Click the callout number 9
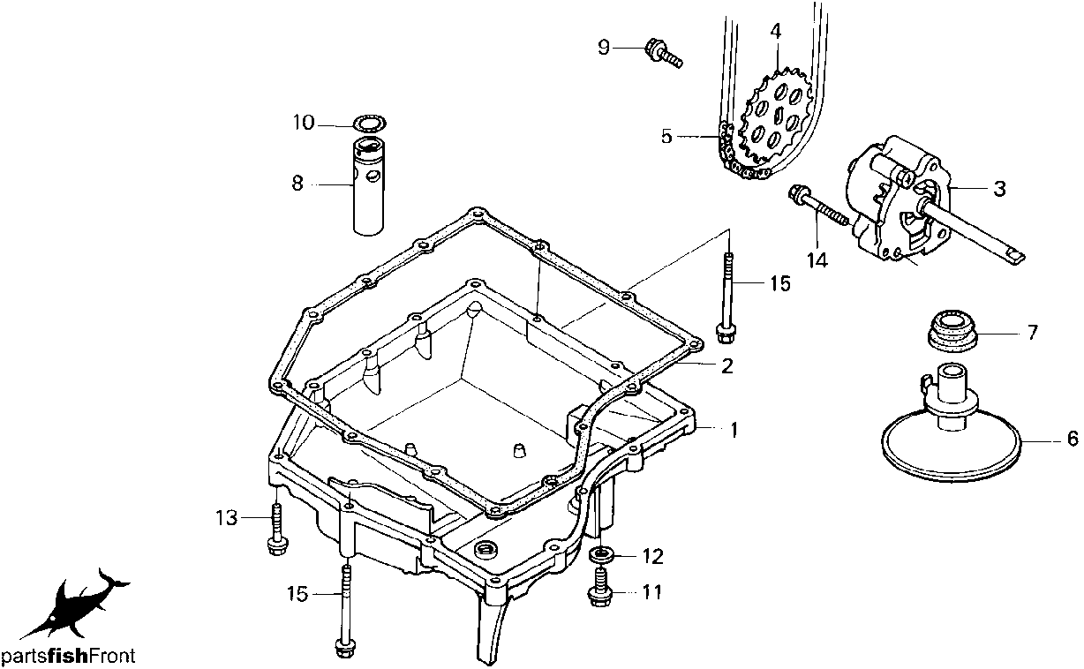pyautogui.click(x=604, y=48)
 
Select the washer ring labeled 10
pyautogui.click(x=370, y=124)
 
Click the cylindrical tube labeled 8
pyautogui.click(x=369, y=186)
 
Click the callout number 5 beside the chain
pyautogui.click(x=666, y=137)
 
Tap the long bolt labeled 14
pyautogui.click(x=819, y=207)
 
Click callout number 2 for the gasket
pyautogui.click(x=726, y=366)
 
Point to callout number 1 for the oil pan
pyautogui.click(x=734, y=430)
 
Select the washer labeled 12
pyautogui.click(x=601, y=556)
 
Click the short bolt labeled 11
pyautogui.click(x=600, y=588)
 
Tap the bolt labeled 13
pyautogui.click(x=277, y=529)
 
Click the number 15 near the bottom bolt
pyautogui.click(x=297, y=594)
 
